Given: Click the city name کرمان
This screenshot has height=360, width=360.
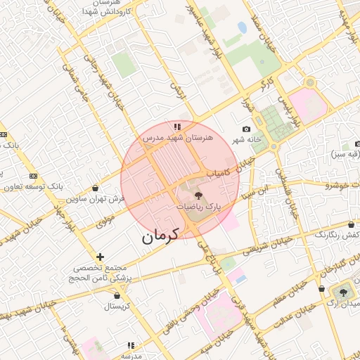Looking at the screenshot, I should (x=160, y=236).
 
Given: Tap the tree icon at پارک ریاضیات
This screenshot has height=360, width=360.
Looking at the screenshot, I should (x=198, y=195).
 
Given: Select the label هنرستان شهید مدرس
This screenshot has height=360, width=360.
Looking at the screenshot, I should (x=173, y=139).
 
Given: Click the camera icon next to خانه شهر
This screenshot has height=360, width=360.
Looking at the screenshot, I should (x=246, y=129).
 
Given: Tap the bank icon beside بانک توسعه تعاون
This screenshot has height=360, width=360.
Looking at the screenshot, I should (x=34, y=176).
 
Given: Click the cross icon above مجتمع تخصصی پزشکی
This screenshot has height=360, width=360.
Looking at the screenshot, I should (x=101, y=257).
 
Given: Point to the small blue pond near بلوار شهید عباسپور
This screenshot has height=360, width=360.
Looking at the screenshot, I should (x=242, y=28).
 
